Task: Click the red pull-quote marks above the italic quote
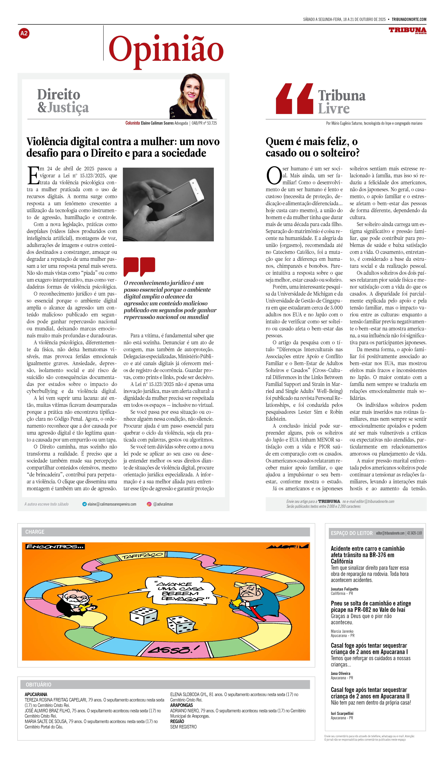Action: click(x=139, y=266)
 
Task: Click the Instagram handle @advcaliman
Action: click(x=163, y=504)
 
